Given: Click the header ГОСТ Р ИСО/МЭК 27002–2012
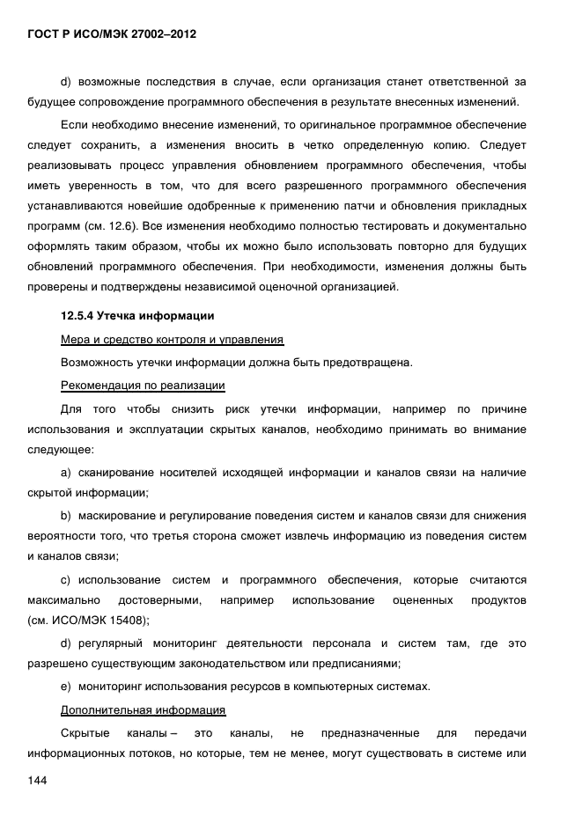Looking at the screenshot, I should [x=112, y=34].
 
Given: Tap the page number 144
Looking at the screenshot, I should [x=37, y=781].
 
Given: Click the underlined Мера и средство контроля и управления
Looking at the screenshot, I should [x=171, y=339].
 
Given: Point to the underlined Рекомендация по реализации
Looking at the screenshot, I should [x=142, y=385].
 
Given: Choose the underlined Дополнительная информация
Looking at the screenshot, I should [x=143, y=709].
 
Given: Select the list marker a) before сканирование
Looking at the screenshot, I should [x=65, y=473].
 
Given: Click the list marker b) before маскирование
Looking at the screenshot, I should [x=65, y=515].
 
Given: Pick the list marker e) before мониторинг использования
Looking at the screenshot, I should [x=65, y=686].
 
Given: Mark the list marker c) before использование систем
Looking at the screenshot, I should [x=65, y=579].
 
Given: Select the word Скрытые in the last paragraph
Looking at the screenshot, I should [x=85, y=732].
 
